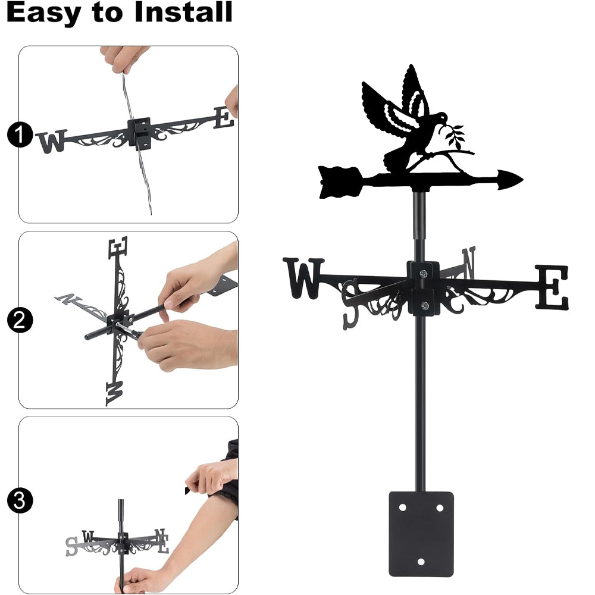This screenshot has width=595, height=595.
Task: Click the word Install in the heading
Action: click(x=183, y=12)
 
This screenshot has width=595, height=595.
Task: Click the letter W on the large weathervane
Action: click(x=303, y=278)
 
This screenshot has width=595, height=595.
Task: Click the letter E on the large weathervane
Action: click(x=552, y=287)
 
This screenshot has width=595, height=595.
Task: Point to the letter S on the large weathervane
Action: click(x=351, y=303)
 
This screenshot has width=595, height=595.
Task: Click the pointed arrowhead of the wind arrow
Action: click(x=510, y=179)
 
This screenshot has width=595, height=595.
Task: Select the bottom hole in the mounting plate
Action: click(x=421, y=562)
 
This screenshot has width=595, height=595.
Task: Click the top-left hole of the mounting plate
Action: click(x=402, y=508)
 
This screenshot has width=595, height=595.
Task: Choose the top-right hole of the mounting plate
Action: click(x=440, y=508)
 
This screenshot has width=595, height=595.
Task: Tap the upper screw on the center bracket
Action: click(x=424, y=273)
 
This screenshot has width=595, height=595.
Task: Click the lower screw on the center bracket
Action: click(x=425, y=305)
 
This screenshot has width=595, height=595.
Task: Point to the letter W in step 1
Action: click(x=52, y=142)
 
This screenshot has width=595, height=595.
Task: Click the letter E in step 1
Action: click(x=224, y=118)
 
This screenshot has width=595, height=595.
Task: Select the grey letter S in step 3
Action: click(x=71, y=546)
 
